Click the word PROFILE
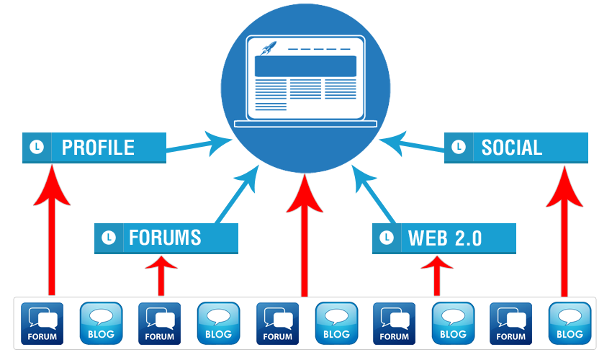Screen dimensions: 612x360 98,148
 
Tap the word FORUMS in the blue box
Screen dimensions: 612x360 165,238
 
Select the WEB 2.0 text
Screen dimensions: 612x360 445,238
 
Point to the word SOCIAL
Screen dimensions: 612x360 512,148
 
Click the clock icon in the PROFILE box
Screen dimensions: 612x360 37,147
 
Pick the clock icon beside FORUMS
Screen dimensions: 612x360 109,238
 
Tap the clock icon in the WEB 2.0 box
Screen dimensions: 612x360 387,238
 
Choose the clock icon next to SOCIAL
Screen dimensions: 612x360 459,147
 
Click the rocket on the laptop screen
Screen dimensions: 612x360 269,48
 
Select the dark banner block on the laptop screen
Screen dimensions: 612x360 305,66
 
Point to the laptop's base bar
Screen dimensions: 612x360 305,124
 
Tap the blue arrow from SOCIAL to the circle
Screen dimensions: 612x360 412,144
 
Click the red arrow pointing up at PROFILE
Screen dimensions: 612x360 52,230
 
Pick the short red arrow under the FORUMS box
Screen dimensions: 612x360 161,275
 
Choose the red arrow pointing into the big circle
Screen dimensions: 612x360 305,235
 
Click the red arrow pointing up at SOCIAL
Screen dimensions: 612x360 564,231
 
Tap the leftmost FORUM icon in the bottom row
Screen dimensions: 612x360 42,323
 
